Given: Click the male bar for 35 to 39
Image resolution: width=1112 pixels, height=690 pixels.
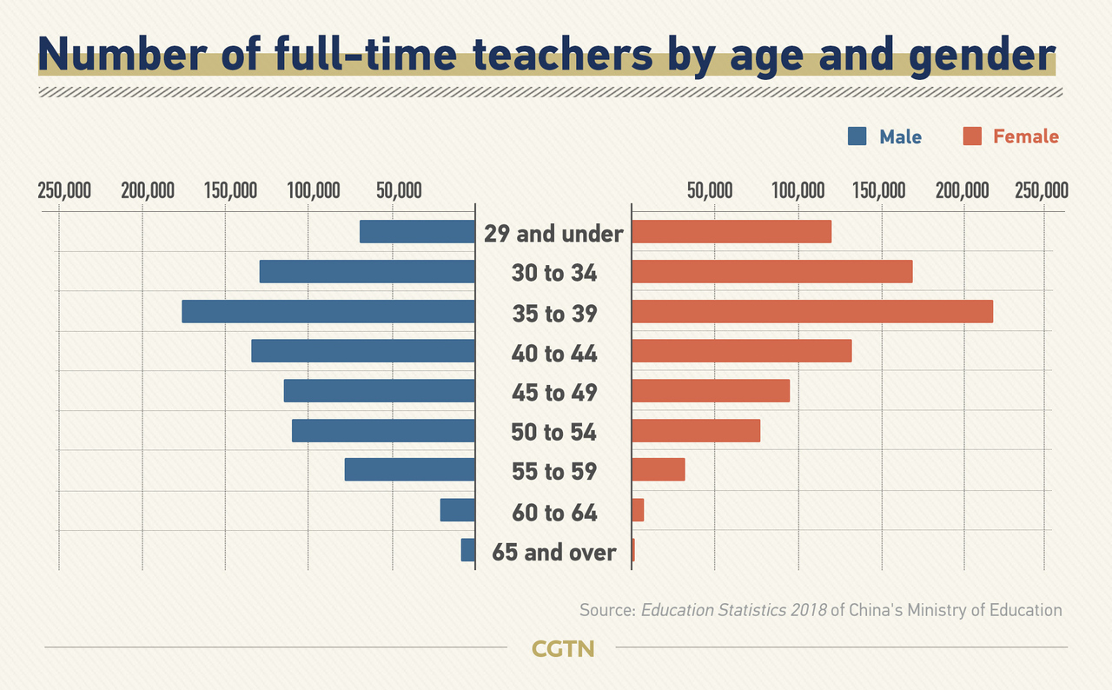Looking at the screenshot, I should tap(328, 311).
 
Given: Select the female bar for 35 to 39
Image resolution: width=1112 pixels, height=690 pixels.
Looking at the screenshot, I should tap(811, 311).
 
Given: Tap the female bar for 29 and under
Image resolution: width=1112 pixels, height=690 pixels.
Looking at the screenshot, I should tap(731, 232).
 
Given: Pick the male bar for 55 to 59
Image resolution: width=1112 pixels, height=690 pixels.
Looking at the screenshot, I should tap(409, 469).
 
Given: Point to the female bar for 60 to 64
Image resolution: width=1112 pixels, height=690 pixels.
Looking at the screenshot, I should tap(638, 510).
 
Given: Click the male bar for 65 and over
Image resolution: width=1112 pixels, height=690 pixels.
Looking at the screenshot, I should tap(468, 550).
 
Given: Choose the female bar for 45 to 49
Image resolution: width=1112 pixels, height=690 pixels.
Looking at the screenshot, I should tap(710, 391).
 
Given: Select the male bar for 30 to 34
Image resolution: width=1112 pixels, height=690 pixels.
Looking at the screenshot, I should tap(367, 272).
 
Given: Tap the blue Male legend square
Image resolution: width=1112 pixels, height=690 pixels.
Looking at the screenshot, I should tap(857, 136).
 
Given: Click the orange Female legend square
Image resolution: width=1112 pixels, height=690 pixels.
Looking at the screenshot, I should tap(972, 136).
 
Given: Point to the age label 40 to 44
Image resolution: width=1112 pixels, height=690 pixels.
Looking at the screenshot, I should tap(554, 353).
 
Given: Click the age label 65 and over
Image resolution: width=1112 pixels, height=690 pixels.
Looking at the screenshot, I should tap(554, 552).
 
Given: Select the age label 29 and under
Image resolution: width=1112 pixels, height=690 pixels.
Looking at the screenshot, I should tap(554, 234).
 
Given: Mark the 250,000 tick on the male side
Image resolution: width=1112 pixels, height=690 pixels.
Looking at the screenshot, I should tap(64, 190).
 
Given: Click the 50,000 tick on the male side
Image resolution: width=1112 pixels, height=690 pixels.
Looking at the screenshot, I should tap(398, 190).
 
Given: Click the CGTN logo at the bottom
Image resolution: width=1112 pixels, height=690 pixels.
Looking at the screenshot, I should tap(562, 648).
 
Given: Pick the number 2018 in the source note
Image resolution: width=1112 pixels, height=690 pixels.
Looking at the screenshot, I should tap(808, 610).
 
